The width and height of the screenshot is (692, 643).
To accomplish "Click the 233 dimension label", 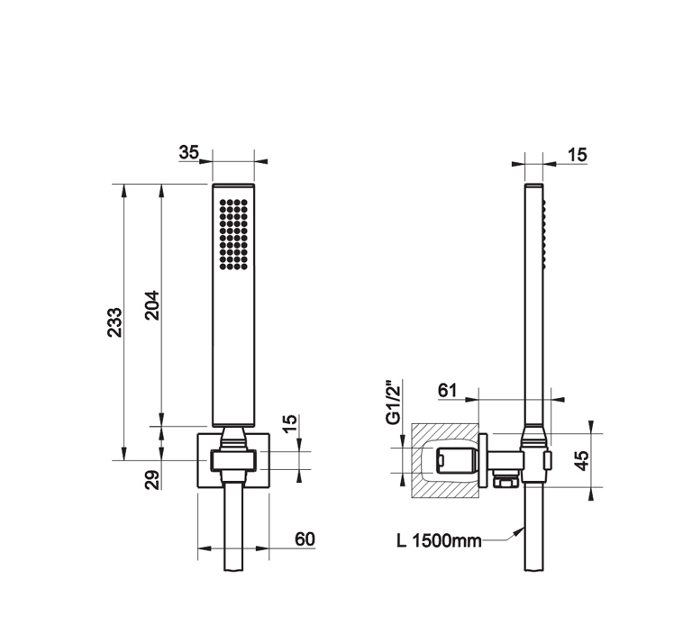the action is point(114,322).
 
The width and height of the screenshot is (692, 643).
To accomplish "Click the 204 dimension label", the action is point(152,304).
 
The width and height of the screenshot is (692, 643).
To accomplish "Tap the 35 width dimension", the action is point(189,152).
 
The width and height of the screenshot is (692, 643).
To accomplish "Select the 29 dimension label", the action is point(152,480).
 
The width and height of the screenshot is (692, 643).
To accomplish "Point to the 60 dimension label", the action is point(305,539).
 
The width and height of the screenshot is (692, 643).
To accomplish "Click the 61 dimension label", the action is point(448,390).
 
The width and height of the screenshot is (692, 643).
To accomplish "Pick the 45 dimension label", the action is point(583,460).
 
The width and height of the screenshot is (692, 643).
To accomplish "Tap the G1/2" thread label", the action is point(393,402).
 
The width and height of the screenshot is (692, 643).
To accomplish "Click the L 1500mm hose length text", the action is point(439,540).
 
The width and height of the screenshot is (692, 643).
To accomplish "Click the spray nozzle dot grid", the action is point(233,234).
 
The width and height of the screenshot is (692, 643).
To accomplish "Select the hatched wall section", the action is point(445,460).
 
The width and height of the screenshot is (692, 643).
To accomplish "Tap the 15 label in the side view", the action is point(577,155).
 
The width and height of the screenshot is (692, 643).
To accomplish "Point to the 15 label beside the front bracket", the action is point(289,424).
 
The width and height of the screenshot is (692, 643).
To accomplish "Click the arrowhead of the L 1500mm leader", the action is point(520,531).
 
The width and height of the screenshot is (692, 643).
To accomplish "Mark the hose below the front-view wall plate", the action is point(233,527).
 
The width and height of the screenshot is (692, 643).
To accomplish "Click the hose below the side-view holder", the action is point(534,527).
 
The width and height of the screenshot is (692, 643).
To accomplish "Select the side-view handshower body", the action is point(534,304).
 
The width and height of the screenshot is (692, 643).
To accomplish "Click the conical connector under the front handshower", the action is point(233,439).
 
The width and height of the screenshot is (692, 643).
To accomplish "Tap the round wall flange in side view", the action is point(483,461).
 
